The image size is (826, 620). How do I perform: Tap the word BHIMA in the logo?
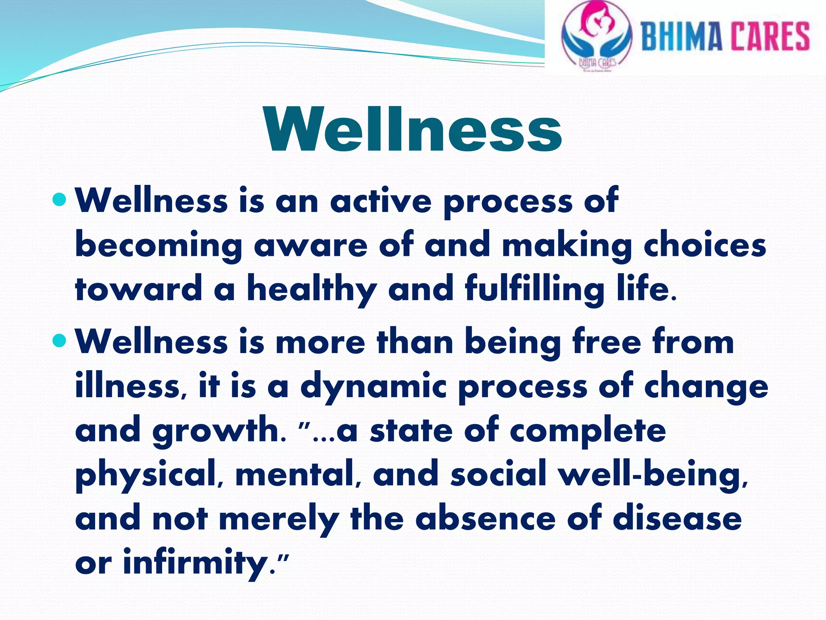point(681,36)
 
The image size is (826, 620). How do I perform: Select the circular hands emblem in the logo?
point(596,36)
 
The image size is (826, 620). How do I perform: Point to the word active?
point(381,201)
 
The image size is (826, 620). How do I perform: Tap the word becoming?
point(159,246)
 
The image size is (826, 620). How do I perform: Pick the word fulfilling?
point(534,290)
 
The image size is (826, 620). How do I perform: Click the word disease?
point(677,518)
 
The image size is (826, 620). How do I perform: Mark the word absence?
point(485,518)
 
